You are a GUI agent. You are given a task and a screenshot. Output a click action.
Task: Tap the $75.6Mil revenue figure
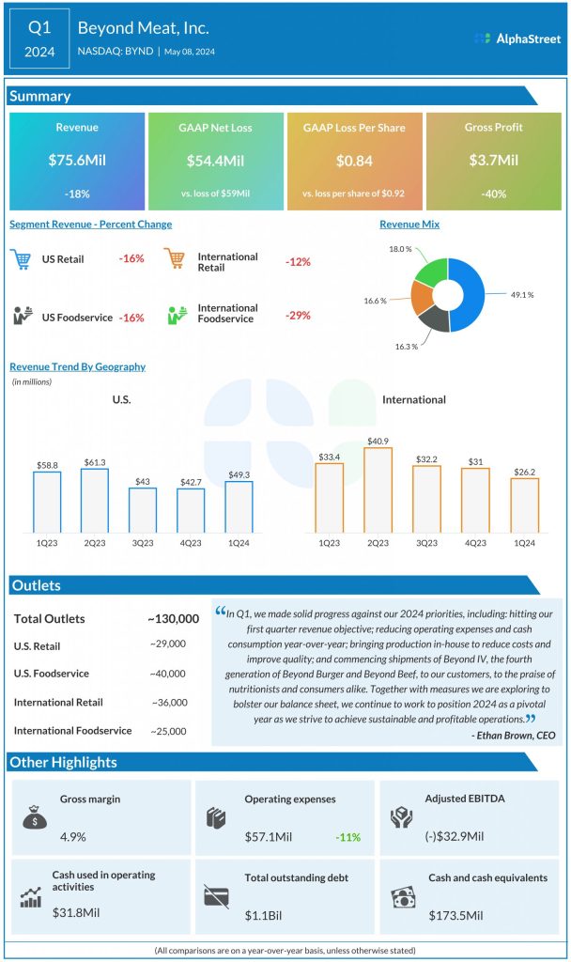click(x=77, y=161)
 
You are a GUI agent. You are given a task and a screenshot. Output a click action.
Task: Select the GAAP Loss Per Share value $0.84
click(x=354, y=161)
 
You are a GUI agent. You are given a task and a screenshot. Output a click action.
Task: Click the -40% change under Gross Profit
click(x=493, y=194)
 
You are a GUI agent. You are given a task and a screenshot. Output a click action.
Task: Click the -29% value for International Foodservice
click(x=298, y=315)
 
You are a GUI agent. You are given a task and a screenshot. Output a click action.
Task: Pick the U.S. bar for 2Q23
click(x=95, y=500)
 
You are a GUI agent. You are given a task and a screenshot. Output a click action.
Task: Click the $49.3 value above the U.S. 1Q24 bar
click(x=239, y=474)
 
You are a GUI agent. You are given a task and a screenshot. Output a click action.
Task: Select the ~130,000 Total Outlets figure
click(x=173, y=618)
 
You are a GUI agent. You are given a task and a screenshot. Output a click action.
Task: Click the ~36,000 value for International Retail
click(x=169, y=702)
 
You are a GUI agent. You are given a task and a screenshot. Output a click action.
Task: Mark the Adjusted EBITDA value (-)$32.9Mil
click(x=455, y=836)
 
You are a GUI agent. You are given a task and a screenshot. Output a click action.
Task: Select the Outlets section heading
click(x=37, y=586)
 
